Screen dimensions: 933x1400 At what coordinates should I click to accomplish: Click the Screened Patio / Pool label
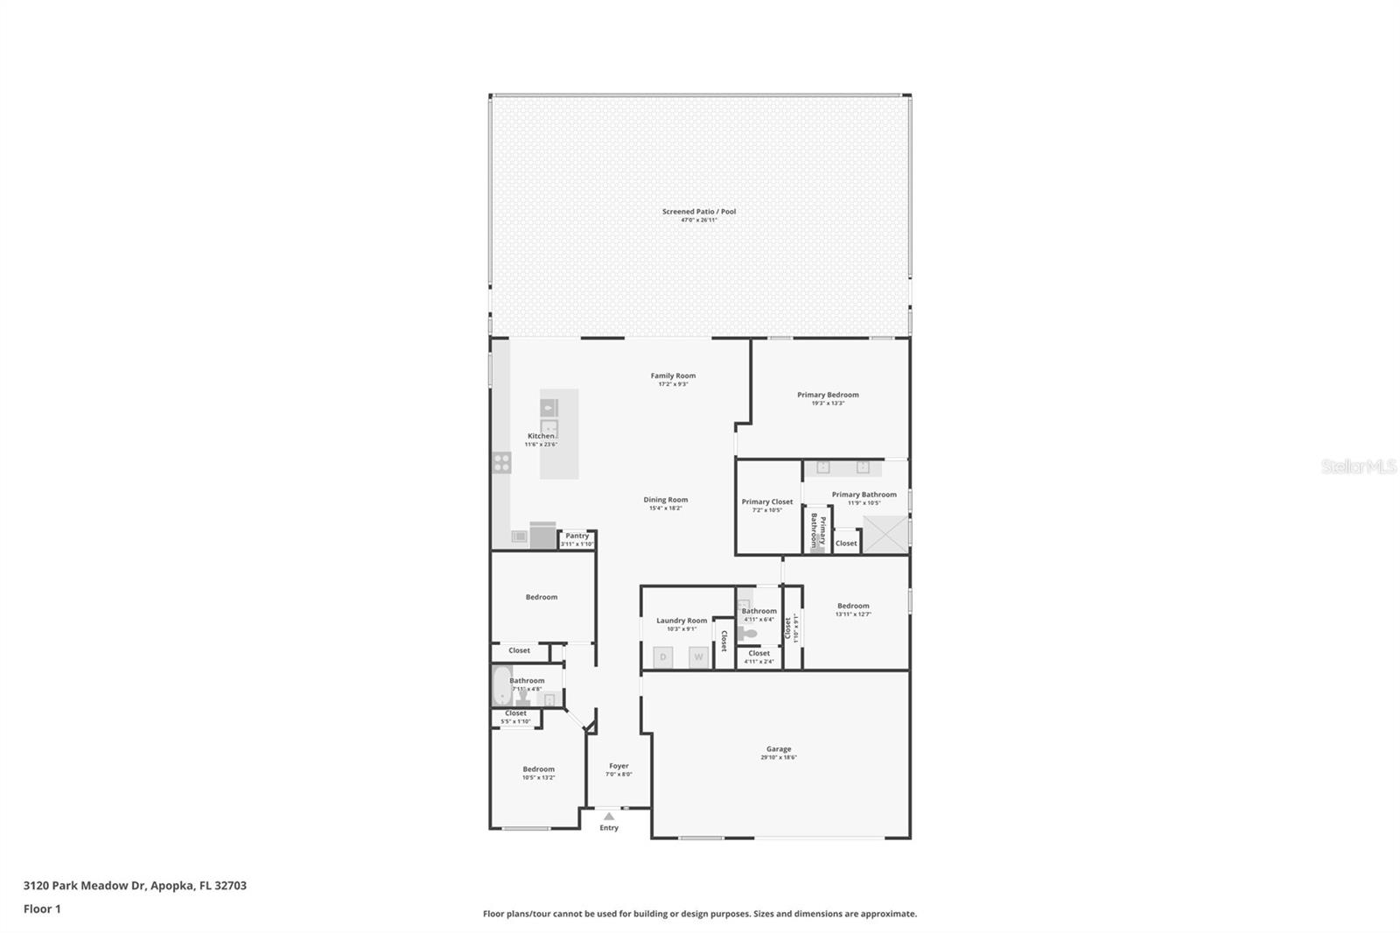698,211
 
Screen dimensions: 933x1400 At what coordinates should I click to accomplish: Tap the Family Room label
673,375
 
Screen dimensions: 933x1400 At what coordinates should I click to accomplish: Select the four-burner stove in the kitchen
501,462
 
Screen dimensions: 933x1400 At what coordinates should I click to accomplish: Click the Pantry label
577,536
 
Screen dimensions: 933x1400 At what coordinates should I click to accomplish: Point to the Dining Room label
666,500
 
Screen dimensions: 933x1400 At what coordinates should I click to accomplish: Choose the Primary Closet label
767,502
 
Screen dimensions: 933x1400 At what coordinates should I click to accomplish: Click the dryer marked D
663,657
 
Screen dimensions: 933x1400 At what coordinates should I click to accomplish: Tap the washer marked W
698,657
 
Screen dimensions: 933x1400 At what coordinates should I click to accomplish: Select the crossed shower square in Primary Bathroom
885,535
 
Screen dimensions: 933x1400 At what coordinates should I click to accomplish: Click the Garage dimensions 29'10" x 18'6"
778,758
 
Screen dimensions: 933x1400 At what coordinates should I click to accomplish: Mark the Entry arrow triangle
609,816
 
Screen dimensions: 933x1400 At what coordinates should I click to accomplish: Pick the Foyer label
619,766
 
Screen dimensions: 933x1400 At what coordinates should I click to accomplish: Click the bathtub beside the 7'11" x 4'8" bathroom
501,685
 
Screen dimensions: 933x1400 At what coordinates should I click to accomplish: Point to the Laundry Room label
682,621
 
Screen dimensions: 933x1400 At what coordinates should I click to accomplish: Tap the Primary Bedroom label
828,395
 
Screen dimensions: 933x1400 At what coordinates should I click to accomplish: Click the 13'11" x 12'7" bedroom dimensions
853,614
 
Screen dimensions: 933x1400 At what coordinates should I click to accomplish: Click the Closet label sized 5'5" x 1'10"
515,713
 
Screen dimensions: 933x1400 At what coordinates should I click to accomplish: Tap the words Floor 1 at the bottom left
42,909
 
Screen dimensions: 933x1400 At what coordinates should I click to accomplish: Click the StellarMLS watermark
1358,467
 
